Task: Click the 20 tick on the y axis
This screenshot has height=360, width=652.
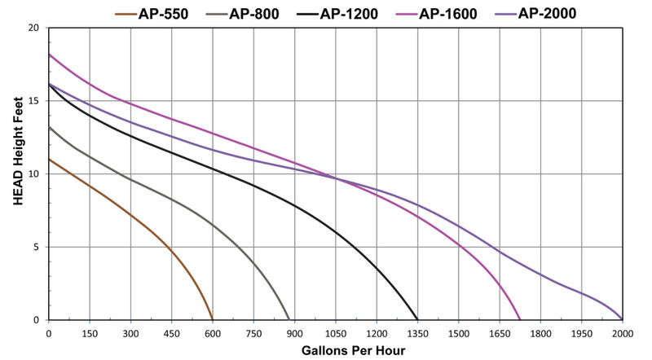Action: point(33,28)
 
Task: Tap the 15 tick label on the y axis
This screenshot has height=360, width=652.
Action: point(33,101)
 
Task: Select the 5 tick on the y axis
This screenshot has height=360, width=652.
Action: point(36,247)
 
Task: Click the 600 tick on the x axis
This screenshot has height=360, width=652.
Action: point(213,332)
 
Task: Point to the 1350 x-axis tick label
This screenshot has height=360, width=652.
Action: point(417,332)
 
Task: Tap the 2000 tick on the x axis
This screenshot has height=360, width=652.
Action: point(623,332)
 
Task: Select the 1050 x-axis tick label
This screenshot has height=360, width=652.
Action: point(336,332)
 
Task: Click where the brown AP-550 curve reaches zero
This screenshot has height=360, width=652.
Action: point(213,319)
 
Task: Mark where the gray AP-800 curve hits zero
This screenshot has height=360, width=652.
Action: point(289,319)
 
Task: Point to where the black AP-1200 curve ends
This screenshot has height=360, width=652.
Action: point(417,319)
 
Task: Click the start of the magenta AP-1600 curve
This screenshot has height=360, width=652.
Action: point(49,54)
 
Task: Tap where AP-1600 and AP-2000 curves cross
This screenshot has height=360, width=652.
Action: point(335,178)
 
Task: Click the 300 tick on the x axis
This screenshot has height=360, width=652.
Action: point(131,332)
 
